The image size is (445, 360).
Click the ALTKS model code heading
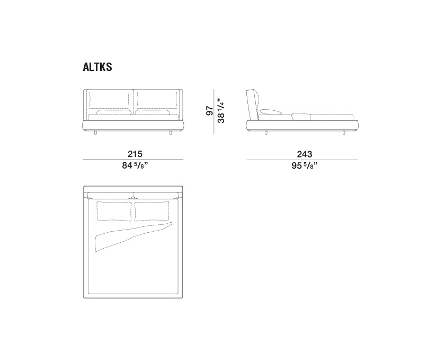tap(97, 67)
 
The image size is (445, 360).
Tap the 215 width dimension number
tap(135, 154)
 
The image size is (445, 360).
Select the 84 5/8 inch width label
tap(135, 165)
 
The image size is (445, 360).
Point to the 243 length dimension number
tap(304, 154)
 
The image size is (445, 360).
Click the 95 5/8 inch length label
tap(304, 165)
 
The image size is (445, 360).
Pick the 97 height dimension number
tap(210, 110)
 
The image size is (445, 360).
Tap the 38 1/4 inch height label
tap(220, 110)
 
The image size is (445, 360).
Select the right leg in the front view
tap(171, 133)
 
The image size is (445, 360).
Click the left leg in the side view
tap(266, 133)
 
